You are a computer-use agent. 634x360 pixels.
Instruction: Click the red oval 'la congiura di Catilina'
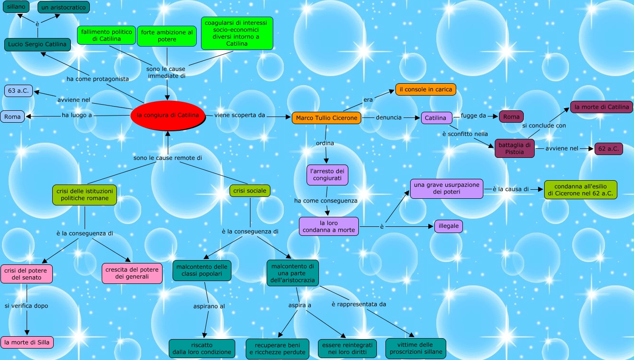click(x=167, y=116)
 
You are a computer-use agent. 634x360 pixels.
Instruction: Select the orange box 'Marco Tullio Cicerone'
click(x=326, y=118)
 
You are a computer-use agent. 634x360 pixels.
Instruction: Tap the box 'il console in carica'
click(x=426, y=89)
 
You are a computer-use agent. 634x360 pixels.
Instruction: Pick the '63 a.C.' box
click(x=19, y=90)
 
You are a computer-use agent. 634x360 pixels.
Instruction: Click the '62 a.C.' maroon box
click(x=608, y=149)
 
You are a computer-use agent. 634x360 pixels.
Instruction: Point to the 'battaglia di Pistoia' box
click(x=514, y=148)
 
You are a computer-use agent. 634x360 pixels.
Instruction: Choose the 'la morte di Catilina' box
click(x=601, y=107)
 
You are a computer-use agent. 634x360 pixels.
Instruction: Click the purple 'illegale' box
click(x=448, y=226)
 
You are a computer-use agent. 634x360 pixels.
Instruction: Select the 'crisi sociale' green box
click(x=250, y=191)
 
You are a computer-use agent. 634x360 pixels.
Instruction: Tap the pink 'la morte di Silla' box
click(x=27, y=342)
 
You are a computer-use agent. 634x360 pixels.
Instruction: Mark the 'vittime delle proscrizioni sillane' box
click(x=416, y=348)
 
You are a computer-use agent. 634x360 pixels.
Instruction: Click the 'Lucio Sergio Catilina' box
click(x=38, y=45)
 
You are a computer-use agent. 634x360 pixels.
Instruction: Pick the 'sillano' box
click(x=16, y=7)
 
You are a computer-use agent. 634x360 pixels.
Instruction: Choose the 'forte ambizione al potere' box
click(x=167, y=36)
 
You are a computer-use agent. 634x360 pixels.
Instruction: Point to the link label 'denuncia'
click(x=389, y=117)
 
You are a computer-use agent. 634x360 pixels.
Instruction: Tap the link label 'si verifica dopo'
click(x=27, y=306)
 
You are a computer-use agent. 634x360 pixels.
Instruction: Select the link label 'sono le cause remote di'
click(x=168, y=158)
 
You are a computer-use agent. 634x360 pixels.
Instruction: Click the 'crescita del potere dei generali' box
click(x=132, y=273)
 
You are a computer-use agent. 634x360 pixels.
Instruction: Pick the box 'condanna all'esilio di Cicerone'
click(x=580, y=189)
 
